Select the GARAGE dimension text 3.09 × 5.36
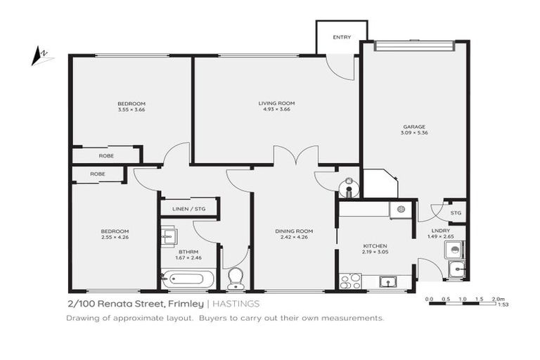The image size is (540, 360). click(414, 132)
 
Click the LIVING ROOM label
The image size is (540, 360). click(276, 103)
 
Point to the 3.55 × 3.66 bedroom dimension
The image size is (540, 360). click(131, 109)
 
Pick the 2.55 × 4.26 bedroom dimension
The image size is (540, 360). click(114, 238)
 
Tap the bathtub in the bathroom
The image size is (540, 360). click(185, 279)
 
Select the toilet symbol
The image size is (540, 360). click(236, 278)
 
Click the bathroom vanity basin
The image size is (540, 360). click(167, 237)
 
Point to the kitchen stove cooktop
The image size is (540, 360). click(350, 281)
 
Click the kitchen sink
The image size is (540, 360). click(387, 282)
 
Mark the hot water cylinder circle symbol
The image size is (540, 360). click(349, 188)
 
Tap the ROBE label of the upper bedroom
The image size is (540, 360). click(106, 155)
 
